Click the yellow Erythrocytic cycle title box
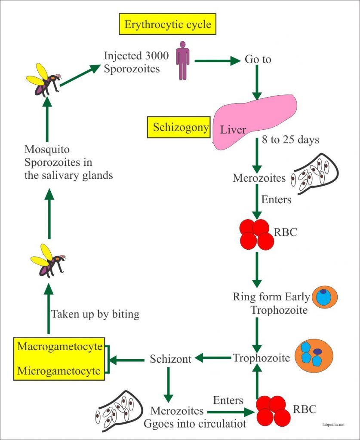click(x=168, y=24)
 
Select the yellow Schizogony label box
click(x=178, y=128)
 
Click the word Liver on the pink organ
click(x=233, y=129)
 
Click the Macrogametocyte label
click(x=60, y=347)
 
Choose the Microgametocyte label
click(x=60, y=370)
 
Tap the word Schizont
click(x=170, y=359)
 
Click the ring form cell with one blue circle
click(x=324, y=297)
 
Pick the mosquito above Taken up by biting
click(x=47, y=261)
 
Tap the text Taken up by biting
click(x=95, y=314)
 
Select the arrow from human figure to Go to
click(x=217, y=61)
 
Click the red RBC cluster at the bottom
click(x=273, y=411)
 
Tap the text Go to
click(x=258, y=59)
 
